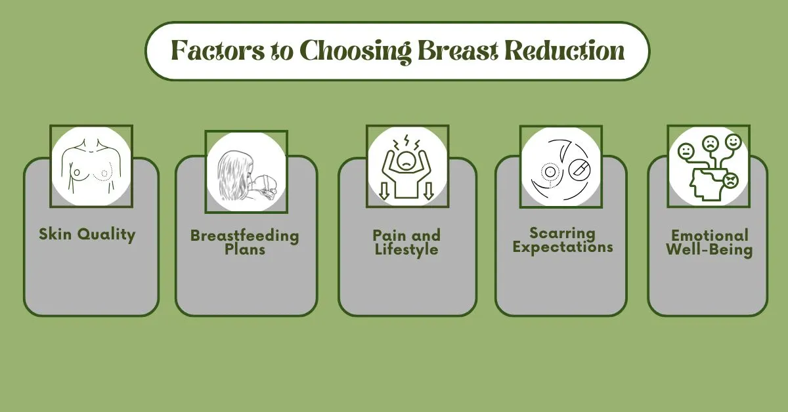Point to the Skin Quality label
click(x=87, y=234)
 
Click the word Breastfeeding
click(x=244, y=236)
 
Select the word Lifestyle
click(x=406, y=249)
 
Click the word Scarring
click(x=562, y=233)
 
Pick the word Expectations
click(x=562, y=247)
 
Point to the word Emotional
click(x=709, y=236)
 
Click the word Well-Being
click(x=709, y=250)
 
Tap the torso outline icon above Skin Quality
click(x=91, y=167)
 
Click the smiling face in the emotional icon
click(x=733, y=142)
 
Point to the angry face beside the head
click(x=730, y=179)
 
